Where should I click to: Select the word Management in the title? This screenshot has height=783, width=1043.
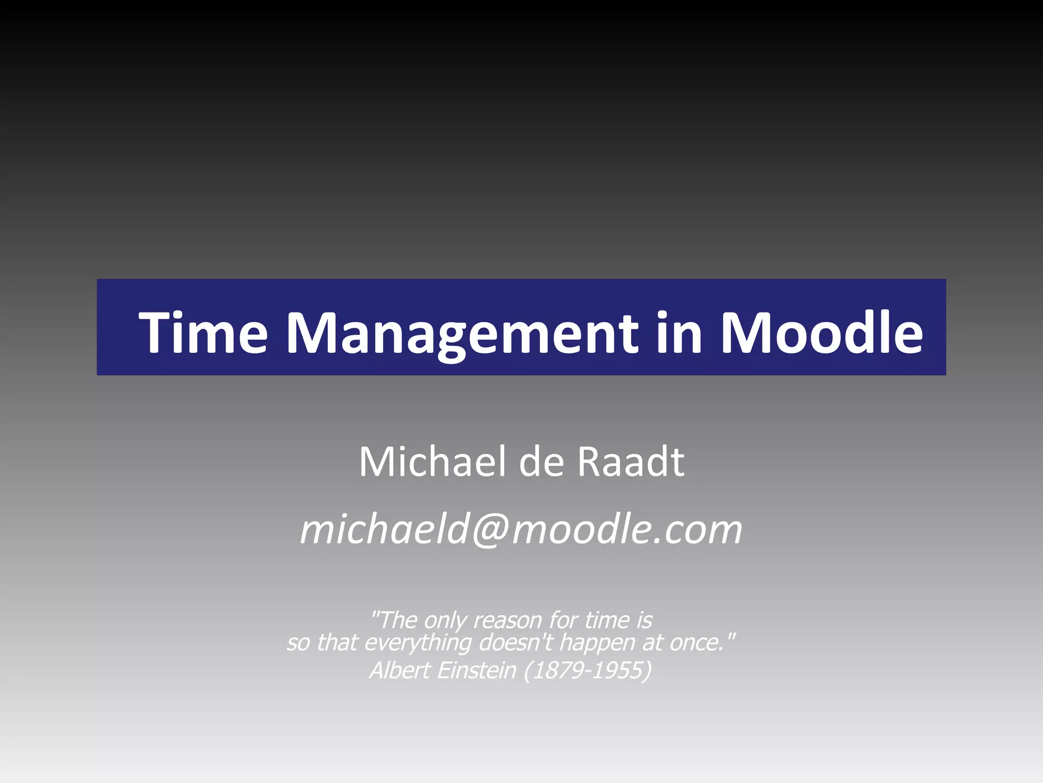point(461,334)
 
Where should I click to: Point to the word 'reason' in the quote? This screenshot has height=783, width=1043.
point(507,620)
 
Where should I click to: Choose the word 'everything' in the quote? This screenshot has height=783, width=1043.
point(418,642)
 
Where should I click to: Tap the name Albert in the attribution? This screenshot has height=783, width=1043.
point(400,670)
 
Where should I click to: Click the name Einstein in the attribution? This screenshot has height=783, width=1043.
point(477,670)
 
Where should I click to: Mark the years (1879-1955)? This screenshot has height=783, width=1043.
point(588,670)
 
